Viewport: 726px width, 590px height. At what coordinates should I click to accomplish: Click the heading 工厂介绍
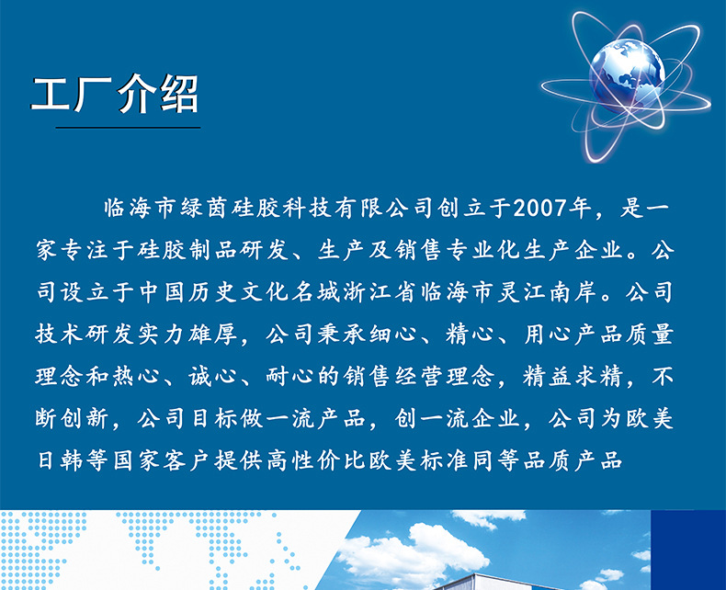tap(115, 96)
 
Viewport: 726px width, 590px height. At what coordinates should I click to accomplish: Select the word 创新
tap(87, 419)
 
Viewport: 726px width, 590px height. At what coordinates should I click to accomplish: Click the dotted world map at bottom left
tap(138, 551)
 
